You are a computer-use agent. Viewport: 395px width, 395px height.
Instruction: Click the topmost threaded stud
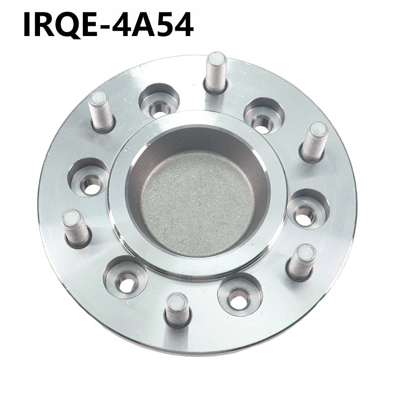[216, 73]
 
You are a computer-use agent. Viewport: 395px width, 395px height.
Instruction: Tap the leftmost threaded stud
[76, 229]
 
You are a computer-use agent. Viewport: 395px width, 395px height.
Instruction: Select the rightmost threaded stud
[314, 143]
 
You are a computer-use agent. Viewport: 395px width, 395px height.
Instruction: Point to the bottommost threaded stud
[178, 311]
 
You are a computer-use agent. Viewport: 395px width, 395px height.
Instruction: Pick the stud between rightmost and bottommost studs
[301, 263]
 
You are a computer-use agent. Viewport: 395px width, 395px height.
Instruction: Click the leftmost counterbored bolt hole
[89, 177]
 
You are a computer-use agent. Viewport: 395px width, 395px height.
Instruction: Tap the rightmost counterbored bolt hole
[308, 209]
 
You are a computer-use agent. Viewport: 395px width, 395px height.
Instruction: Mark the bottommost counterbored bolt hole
[240, 294]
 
